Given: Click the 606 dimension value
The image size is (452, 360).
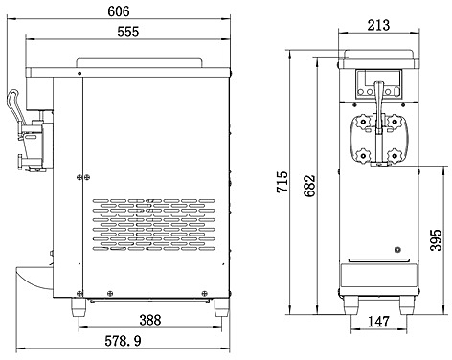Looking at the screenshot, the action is (x=119, y=11).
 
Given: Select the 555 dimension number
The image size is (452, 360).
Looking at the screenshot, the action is (x=128, y=32).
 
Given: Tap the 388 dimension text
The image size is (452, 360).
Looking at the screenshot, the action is (x=150, y=320).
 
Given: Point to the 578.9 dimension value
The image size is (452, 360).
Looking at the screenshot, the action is (x=123, y=341).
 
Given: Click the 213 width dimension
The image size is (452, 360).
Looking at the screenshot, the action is (x=378, y=25).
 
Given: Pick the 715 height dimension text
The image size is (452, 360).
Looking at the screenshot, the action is (x=282, y=182).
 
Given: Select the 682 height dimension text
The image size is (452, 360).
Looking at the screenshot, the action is (x=309, y=186).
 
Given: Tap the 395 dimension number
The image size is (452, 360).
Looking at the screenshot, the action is (x=436, y=239).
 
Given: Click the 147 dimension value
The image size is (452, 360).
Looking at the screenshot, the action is (x=378, y=322).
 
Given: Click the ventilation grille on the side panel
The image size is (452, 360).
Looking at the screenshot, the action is (x=154, y=225).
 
